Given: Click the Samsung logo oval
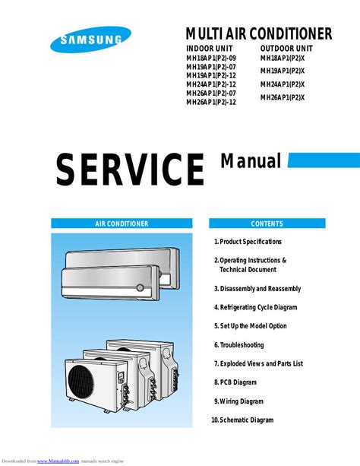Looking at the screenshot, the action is click(90, 40).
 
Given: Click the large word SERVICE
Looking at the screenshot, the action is click(130, 170).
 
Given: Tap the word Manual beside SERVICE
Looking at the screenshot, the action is click(251, 161).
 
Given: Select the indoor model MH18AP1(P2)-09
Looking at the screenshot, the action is click(211, 58).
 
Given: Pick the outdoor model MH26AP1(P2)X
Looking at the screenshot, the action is click(283, 97).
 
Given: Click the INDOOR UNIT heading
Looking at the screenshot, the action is click(210, 49).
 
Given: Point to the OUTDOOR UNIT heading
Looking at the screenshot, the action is click(286, 49).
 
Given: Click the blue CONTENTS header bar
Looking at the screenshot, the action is click(267, 223).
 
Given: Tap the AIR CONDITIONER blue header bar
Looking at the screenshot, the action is click(122, 223).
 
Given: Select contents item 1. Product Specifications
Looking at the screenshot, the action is click(248, 242).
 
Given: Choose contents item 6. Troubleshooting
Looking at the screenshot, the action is click(239, 345).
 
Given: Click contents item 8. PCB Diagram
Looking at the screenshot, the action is click(235, 382).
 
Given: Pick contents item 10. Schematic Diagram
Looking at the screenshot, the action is click(242, 420).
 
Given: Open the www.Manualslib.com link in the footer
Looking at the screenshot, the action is click(58, 461).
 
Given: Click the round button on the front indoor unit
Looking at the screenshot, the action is click(141, 287).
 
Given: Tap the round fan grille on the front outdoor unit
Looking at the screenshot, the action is click(81, 380).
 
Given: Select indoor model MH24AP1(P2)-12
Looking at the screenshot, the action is click(211, 84).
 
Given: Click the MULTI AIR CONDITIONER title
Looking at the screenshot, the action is click(259, 33).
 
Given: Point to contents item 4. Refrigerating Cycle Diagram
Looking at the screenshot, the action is click(255, 307).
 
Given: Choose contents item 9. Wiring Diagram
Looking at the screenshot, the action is click(238, 401).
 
